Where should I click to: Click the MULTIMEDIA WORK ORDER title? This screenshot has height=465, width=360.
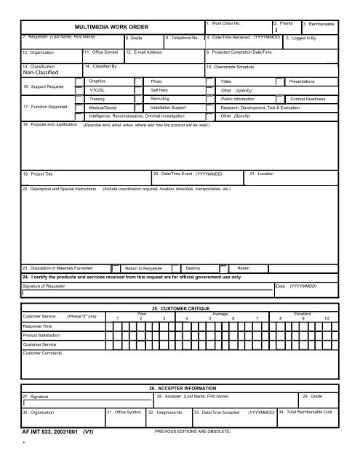[x=107, y=27]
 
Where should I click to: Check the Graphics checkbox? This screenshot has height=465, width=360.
[x=80, y=82]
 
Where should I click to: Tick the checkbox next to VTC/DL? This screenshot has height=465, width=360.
[x=80, y=90]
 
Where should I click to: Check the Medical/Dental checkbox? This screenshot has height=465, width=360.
[x=80, y=107]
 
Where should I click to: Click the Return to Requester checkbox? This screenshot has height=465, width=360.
[x=115, y=267]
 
